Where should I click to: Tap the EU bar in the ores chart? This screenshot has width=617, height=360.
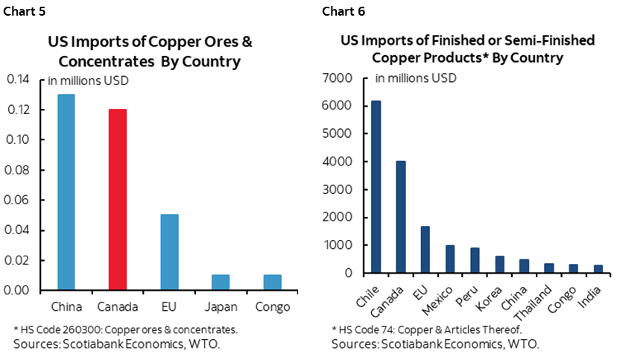[169, 252]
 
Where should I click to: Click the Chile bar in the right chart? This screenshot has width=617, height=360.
[376, 186]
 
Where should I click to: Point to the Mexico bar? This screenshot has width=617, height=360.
[449, 259]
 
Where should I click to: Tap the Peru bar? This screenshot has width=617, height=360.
[474, 260]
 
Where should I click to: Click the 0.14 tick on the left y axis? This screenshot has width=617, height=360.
[20, 80]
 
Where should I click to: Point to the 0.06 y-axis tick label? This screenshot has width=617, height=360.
[20, 200]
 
